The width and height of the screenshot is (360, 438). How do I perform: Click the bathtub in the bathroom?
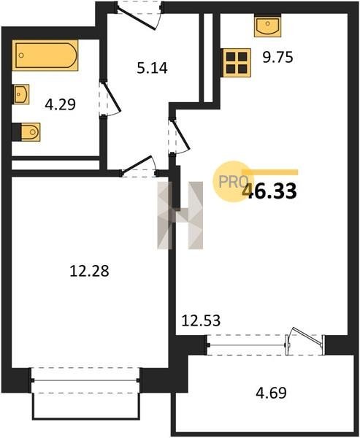[x=45, y=55]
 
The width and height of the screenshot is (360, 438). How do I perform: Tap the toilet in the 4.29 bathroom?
[x=28, y=132]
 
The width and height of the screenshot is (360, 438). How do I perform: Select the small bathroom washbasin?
[x=21, y=94]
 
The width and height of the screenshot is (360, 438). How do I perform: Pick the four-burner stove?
[x=237, y=63]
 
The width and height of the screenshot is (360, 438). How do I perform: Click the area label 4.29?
[x=61, y=104]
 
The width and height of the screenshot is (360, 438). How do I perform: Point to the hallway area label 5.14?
[x=152, y=68]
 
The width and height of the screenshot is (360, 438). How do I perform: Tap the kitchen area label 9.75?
[x=277, y=58]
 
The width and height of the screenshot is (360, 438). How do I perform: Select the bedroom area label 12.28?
[x=89, y=271]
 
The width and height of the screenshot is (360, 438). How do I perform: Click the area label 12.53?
[x=201, y=320]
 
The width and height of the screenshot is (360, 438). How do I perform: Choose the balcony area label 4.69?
[x=271, y=393]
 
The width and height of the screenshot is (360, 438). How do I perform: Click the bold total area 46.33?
[x=269, y=191]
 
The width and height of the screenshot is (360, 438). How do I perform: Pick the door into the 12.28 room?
[x=139, y=166]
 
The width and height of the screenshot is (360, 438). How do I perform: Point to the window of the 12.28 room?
[x=85, y=380]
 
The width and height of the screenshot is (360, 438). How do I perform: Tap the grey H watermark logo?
[x=180, y=215]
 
